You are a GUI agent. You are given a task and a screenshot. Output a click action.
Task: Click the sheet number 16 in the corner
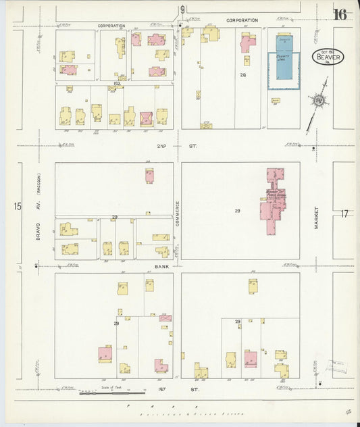point(338,14)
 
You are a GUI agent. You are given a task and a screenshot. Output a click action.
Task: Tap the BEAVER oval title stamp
point(328,57)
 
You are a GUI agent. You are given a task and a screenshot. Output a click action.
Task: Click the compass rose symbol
point(318,101)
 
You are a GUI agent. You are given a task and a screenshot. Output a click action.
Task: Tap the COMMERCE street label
point(178,214)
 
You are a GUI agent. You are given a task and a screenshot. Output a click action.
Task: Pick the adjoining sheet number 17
point(344,214)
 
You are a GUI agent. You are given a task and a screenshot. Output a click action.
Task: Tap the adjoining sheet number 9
point(182,9)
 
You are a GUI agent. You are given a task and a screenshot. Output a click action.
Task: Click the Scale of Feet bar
point(111,392)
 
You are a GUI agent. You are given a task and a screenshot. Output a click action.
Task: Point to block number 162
point(116,83)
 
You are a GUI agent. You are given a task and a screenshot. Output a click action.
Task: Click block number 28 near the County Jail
point(242,75)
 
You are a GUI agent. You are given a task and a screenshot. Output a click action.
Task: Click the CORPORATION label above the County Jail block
point(242,20)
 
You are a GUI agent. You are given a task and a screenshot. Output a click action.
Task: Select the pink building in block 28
point(248,43)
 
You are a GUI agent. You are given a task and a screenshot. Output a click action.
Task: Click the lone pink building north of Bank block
point(149,176)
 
